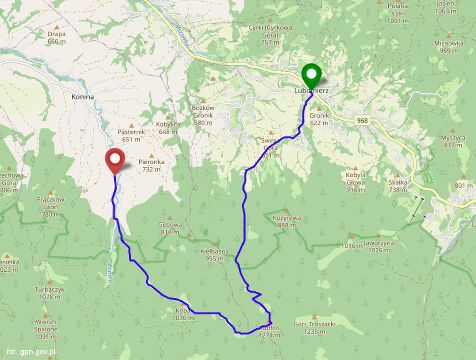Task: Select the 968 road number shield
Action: point(362,121)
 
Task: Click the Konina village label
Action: point(83,97)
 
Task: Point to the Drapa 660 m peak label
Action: point(56,38)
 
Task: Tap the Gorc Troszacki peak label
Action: point(314,327)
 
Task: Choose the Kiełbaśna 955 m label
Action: point(215,255)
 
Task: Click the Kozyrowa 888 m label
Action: point(286,221)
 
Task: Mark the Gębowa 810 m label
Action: point(170,228)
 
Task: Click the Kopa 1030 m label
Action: point(183,314)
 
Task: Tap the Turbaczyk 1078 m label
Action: point(50,293)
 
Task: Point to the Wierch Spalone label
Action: point(46,329)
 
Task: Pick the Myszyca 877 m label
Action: point(453,141)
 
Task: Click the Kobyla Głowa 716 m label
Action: point(355,182)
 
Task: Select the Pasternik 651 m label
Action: point(131,135)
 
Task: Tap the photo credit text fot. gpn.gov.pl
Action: point(31,351)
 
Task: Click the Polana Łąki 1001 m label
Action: point(397,13)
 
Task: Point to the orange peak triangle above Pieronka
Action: point(151,156)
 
